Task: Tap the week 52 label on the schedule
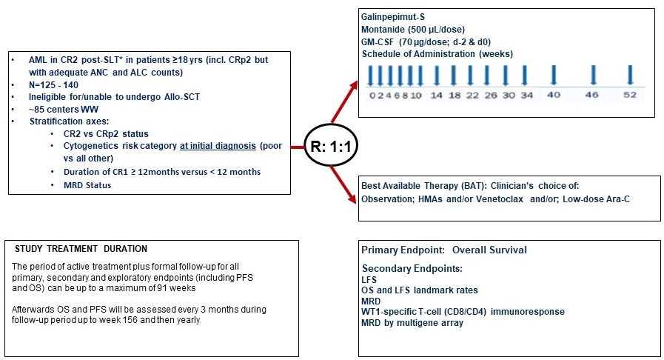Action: pyautogui.click(x=630, y=96)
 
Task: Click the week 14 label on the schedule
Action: pyautogui.click(x=436, y=96)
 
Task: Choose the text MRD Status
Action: pyautogui.click(x=87, y=185)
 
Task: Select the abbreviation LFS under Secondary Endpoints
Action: pyautogui.click(x=369, y=280)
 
